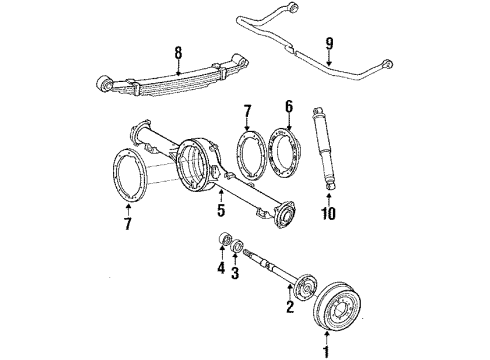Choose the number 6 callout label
289,106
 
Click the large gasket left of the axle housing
130,176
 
